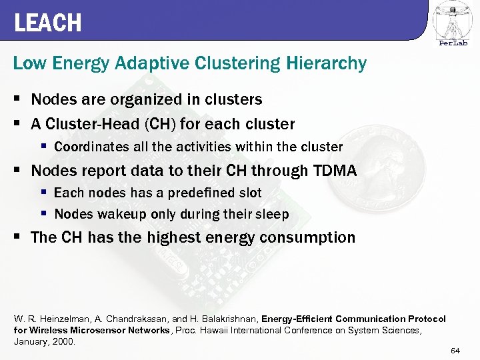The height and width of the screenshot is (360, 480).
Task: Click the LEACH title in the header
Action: point(47,23)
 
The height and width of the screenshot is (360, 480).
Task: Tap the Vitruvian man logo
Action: point(451,20)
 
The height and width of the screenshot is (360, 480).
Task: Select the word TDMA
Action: point(335,171)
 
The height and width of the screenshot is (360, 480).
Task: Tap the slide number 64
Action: point(456,351)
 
